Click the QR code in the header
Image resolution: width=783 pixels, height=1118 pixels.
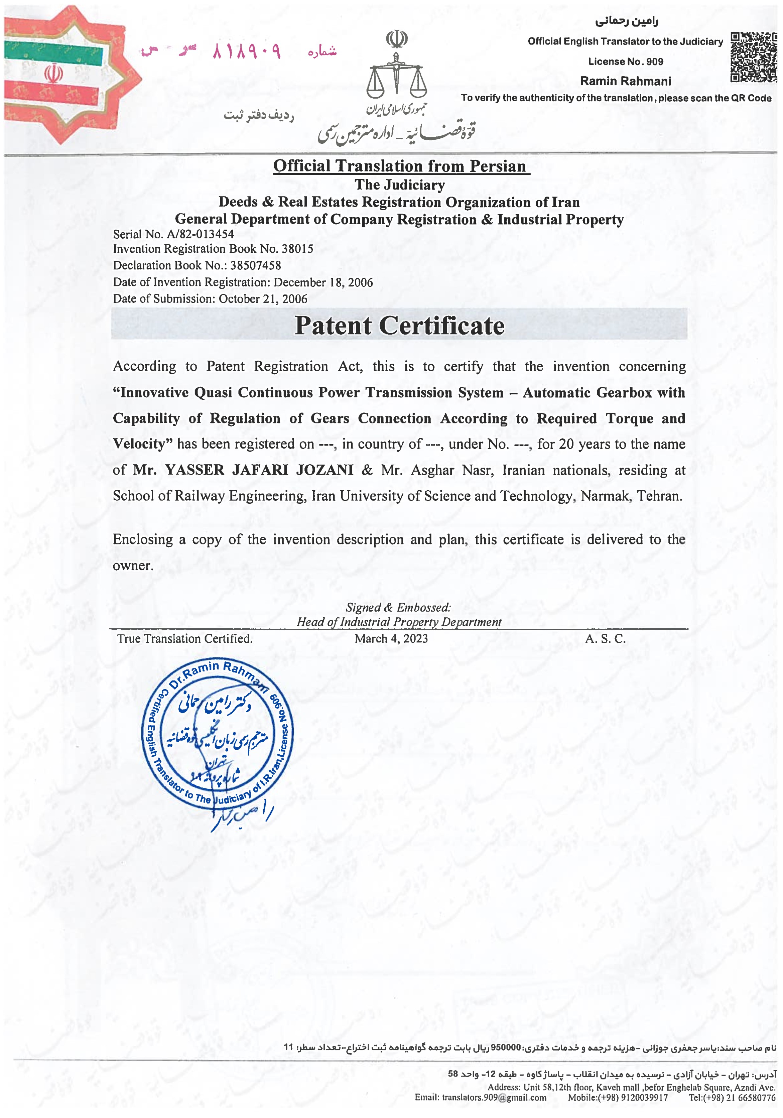pyautogui.click(x=753, y=57)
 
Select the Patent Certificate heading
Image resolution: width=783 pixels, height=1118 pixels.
pyautogui.click(x=399, y=325)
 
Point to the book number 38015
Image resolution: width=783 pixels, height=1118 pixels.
pyautogui.click(x=297, y=249)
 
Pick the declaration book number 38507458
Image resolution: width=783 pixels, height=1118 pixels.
pyautogui.click(x=256, y=265)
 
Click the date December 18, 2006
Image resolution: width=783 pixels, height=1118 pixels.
pyautogui.click(x=323, y=282)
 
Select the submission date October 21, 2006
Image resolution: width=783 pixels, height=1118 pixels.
pyautogui.click(x=263, y=299)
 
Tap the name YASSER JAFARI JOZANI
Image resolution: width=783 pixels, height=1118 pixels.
pyautogui.click(x=259, y=470)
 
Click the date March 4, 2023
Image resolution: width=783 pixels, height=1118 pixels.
pyautogui.click(x=391, y=639)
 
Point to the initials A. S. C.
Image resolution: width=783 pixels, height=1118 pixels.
pyautogui.click(x=605, y=639)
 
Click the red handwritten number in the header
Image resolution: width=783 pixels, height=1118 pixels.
pyautogui.click(x=246, y=51)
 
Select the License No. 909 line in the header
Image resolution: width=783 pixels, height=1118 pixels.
pyautogui.click(x=625, y=62)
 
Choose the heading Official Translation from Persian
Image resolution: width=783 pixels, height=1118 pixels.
pyautogui.click(x=399, y=166)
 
